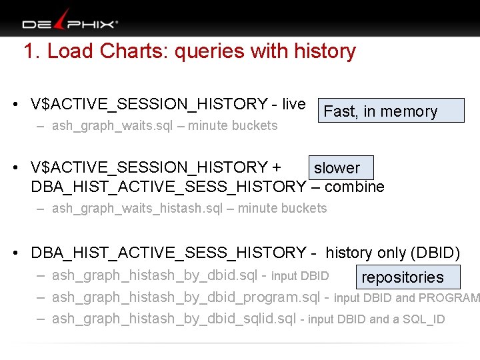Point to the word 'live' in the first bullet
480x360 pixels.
(293, 104)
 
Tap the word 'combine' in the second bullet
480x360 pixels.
(355, 187)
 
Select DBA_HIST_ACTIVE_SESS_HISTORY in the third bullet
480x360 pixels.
(168, 253)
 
